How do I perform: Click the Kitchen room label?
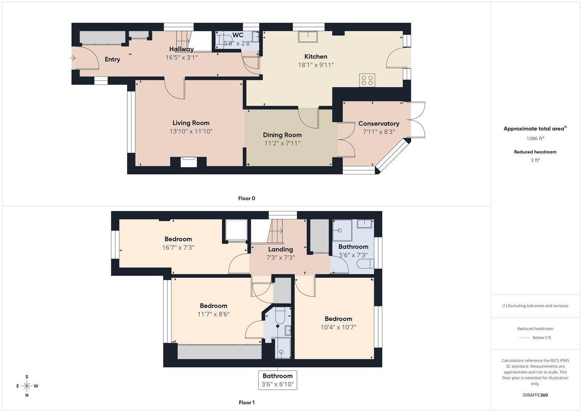(316, 56)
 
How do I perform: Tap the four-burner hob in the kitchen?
(367, 80)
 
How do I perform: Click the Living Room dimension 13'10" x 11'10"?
(191, 131)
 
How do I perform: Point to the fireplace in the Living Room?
(189, 161)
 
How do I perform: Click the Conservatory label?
(378, 124)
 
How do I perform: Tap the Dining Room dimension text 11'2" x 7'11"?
(282, 143)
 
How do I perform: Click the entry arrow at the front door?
(73, 58)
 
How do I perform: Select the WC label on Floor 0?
(238, 35)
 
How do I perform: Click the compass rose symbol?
(27, 386)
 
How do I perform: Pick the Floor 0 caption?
(247, 198)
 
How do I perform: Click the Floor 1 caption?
(247, 402)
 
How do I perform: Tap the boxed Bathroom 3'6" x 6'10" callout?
(277, 380)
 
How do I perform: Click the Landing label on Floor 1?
(281, 249)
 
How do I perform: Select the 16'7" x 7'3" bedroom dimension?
(178, 248)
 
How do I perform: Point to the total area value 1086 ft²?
(535, 138)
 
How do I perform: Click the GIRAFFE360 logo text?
(535, 395)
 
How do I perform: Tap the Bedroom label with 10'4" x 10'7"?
(338, 319)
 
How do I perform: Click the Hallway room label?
(181, 49)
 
